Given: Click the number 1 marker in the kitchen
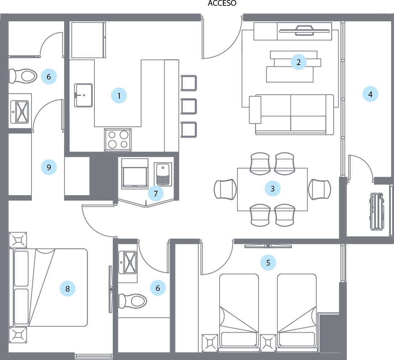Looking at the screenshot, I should (x=119, y=96).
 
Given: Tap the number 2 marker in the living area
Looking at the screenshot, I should (x=298, y=62).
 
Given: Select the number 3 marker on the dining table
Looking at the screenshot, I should (x=272, y=188).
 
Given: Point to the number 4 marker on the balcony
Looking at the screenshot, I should (x=370, y=94).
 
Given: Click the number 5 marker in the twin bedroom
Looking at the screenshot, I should (x=268, y=263).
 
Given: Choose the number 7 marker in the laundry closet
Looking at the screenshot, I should (x=156, y=193).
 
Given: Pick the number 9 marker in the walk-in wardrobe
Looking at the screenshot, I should (x=49, y=167).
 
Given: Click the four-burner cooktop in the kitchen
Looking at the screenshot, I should (x=118, y=140).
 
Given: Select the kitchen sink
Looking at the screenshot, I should (x=84, y=95).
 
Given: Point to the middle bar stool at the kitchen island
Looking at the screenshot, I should (x=188, y=106).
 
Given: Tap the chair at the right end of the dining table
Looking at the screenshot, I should (x=319, y=189).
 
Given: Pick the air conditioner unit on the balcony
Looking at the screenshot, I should (x=377, y=211).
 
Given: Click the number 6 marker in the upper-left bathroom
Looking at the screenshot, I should (x=49, y=77).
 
